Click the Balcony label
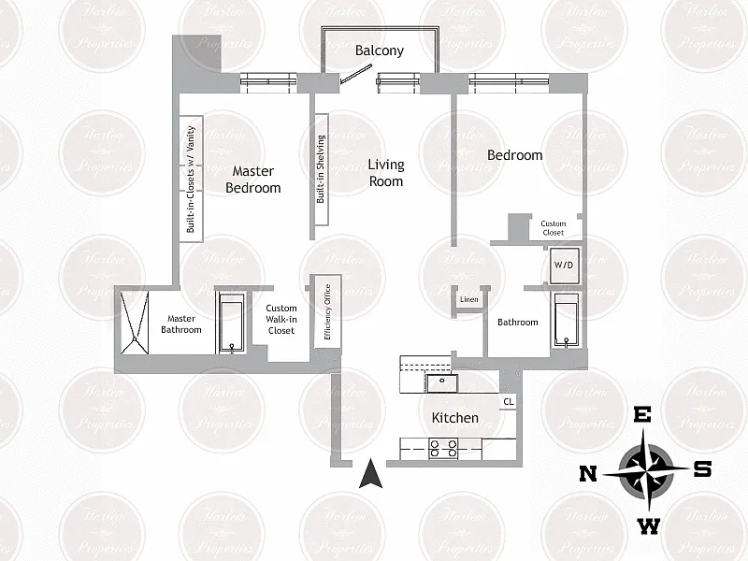coord(380,50)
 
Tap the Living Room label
coord(385,172)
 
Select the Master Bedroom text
coord(252,180)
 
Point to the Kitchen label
coord(454,417)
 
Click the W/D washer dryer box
coord(564,265)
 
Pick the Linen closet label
coord(469,300)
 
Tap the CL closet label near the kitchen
coord(509,402)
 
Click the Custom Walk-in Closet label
coord(280,319)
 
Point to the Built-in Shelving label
coord(321,169)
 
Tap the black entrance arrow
coord(371,474)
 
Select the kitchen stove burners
coord(441,449)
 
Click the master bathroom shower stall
coord(134,323)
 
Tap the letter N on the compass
coord(588,473)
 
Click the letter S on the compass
coord(701,469)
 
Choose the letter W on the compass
coord(647,526)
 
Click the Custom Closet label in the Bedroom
coord(554,228)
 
